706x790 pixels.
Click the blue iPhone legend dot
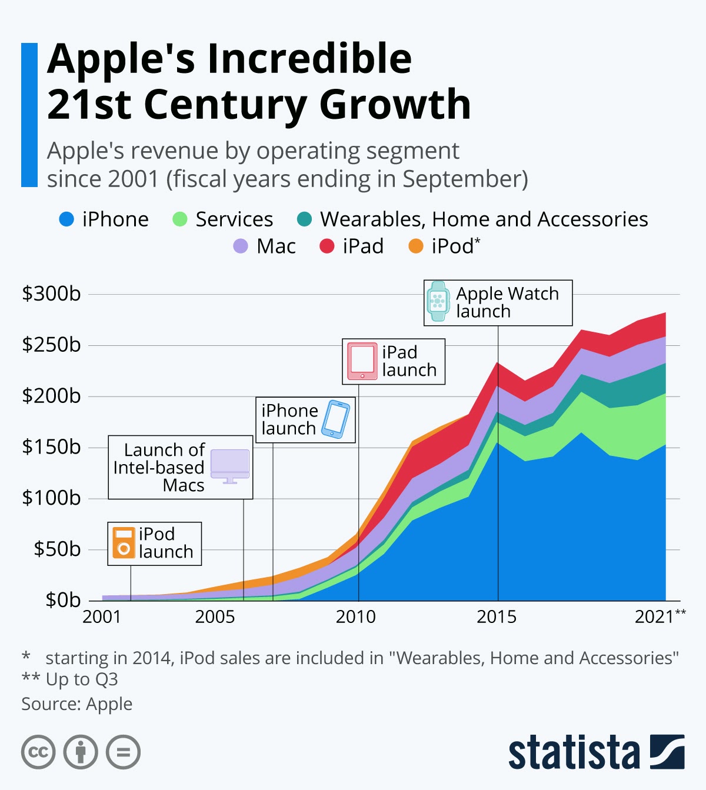(x=66, y=219)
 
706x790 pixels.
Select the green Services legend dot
(x=179, y=219)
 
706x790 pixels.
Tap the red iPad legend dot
(x=327, y=246)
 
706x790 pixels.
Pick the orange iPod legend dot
(x=415, y=246)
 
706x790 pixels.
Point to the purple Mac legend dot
(x=241, y=246)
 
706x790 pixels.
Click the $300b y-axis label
(x=51, y=294)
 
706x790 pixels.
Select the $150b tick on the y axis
(x=51, y=447)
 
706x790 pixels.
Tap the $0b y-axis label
(x=62, y=600)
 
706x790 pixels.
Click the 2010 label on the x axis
(x=355, y=616)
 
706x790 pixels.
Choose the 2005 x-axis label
(x=215, y=616)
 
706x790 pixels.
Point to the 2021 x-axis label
(x=654, y=616)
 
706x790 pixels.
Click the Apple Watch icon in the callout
(x=437, y=301)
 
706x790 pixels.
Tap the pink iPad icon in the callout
(x=362, y=361)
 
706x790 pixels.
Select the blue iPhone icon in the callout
(x=335, y=419)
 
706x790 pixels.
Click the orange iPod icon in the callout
(x=124, y=543)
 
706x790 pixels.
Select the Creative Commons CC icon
(x=38, y=752)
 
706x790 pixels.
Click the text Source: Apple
(x=77, y=704)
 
